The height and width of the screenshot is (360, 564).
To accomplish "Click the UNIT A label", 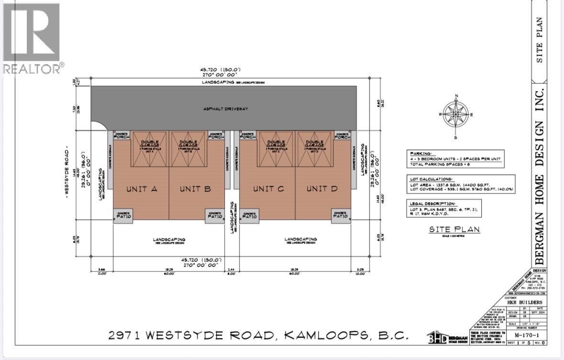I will click(x=142, y=189).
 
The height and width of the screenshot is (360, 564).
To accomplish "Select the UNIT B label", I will click(x=195, y=189).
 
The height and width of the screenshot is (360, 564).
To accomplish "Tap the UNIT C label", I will click(x=268, y=189).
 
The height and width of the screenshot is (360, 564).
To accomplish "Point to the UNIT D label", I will click(x=322, y=189).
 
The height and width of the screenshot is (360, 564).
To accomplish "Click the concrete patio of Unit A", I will click(x=123, y=216).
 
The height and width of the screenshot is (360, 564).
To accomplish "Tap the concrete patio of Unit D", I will click(x=341, y=216).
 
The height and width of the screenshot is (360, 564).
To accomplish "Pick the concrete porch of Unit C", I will click(x=248, y=136).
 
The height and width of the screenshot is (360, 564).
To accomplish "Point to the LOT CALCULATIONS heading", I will click(x=427, y=178).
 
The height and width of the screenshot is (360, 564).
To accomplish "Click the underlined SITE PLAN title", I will click(x=454, y=230).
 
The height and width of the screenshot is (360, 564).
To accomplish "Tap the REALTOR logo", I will click(x=32, y=38).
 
